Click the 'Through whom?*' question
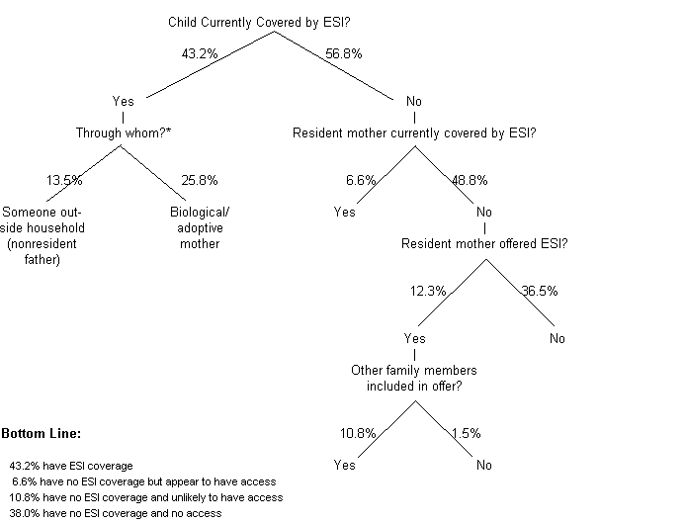pyautogui.click(x=121, y=132)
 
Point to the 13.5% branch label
pyautogui.click(x=64, y=181)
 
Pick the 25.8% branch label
pyautogui.click(x=200, y=181)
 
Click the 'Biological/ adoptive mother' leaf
pyautogui.click(x=199, y=227)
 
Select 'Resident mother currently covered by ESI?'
pyautogui.click(x=415, y=132)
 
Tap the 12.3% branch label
pyautogui.click(x=429, y=292)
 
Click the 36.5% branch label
pyautogui.click(x=541, y=292)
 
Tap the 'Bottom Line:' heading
pyautogui.click(x=42, y=434)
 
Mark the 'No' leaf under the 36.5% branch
pyautogui.click(x=557, y=339)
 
